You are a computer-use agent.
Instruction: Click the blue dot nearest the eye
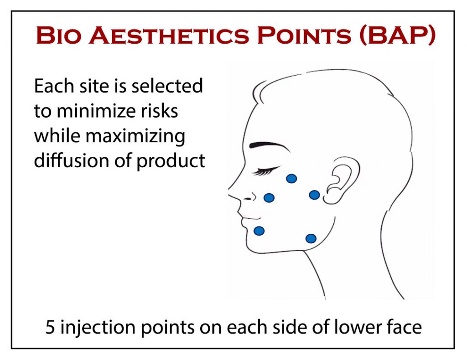point(291,179)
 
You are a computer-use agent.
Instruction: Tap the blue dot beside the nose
point(269,198)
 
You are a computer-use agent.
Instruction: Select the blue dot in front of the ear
point(314,195)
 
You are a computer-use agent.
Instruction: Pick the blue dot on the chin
point(259,231)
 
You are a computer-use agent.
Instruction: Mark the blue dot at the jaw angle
point(311,238)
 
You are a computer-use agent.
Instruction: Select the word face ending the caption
point(402,327)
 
